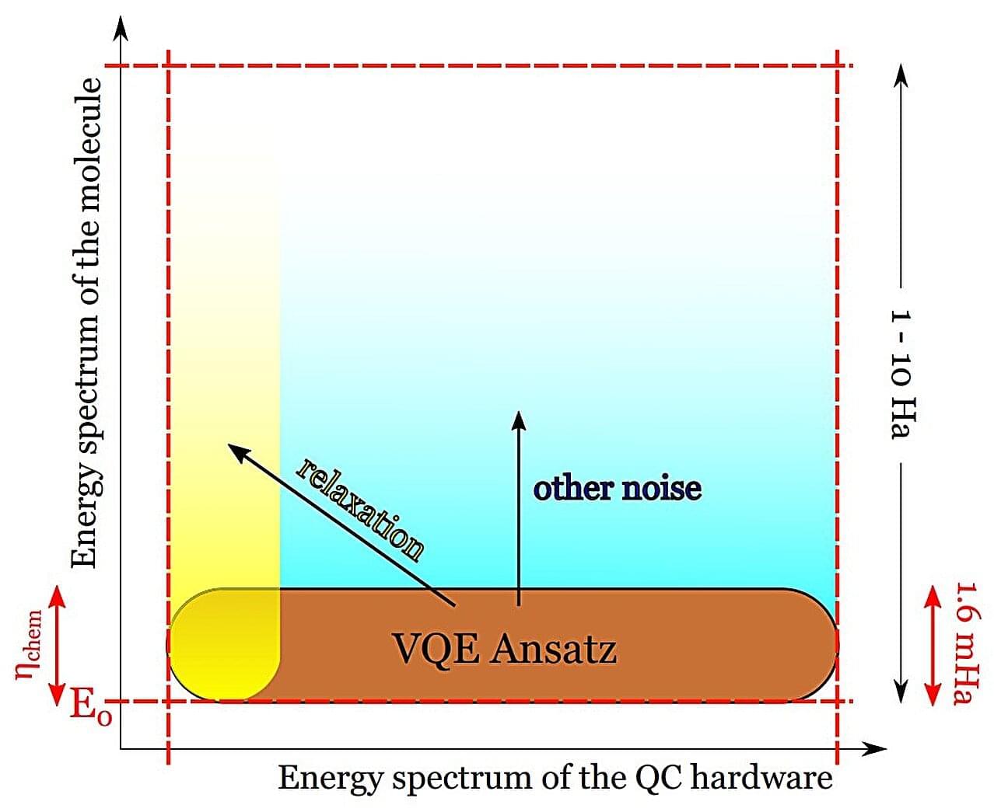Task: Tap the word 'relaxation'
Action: click(x=361, y=509)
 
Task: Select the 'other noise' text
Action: click(x=617, y=488)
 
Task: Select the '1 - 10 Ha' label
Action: click(x=901, y=373)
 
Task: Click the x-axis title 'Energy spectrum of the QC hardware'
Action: click(x=555, y=778)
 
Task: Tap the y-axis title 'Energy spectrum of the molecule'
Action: click(x=87, y=322)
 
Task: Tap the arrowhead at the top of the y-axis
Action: click(x=121, y=26)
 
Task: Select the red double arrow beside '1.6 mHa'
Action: click(x=933, y=646)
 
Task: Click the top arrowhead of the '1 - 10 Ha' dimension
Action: click(x=901, y=75)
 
